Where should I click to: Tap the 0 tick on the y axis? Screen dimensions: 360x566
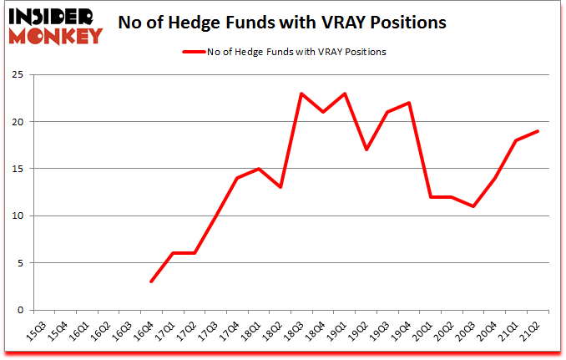pyautogui.click(x=18, y=310)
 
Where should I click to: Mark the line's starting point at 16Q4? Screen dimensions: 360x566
pyautogui.click(x=151, y=281)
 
